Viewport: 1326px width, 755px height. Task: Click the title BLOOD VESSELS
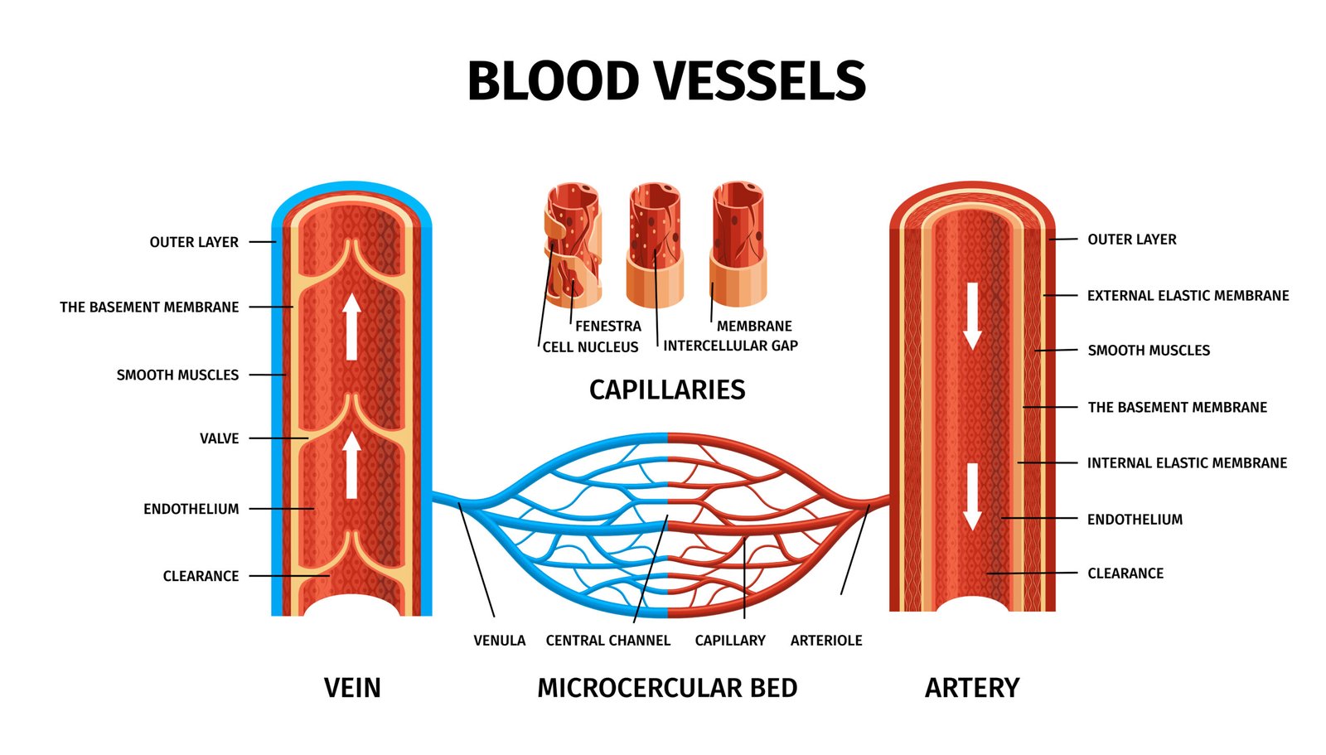coord(666,81)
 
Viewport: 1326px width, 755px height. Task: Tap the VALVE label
coord(219,438)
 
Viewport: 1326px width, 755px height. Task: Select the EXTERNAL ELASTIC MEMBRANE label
coord(1188,296)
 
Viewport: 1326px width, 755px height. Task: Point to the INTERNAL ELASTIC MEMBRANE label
coord(1187,463)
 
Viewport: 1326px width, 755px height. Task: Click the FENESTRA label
coord(608,327)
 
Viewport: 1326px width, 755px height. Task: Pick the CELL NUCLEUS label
coord(590,347)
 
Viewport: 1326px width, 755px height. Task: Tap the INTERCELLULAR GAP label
coord(730,346)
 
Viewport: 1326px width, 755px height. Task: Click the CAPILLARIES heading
coord(667,390)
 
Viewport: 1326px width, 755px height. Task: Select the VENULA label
coord(499,641)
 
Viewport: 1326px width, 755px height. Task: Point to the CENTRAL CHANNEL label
coord(607,641)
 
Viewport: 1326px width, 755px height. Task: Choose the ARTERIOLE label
coord(826,641)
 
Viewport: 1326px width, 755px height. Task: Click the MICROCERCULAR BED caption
coord(667,688)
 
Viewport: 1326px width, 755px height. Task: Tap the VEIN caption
coord(352,688)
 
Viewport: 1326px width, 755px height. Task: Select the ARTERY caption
coord(972,688)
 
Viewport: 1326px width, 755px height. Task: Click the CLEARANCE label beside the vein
coord(201,576)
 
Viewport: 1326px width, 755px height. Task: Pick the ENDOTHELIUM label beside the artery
coord(1135,520)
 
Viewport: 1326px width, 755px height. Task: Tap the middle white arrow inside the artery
coord(972,496)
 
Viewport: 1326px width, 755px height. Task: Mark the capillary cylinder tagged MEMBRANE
coord(738,244)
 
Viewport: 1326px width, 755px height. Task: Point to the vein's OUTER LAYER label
coord(194,242)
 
